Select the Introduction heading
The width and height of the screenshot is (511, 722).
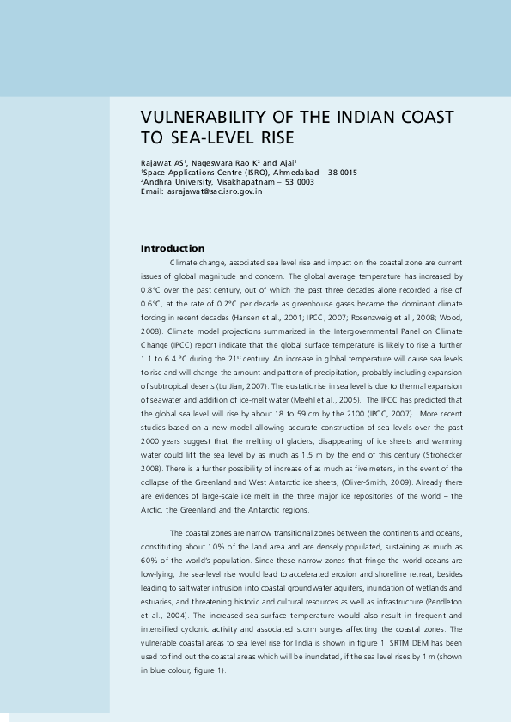coord(173,248)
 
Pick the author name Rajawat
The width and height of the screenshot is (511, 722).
coord(156,162)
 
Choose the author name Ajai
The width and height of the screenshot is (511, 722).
coord(285,162)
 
